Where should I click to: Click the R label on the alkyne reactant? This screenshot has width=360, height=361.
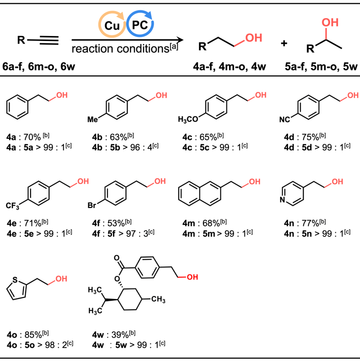20,41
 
